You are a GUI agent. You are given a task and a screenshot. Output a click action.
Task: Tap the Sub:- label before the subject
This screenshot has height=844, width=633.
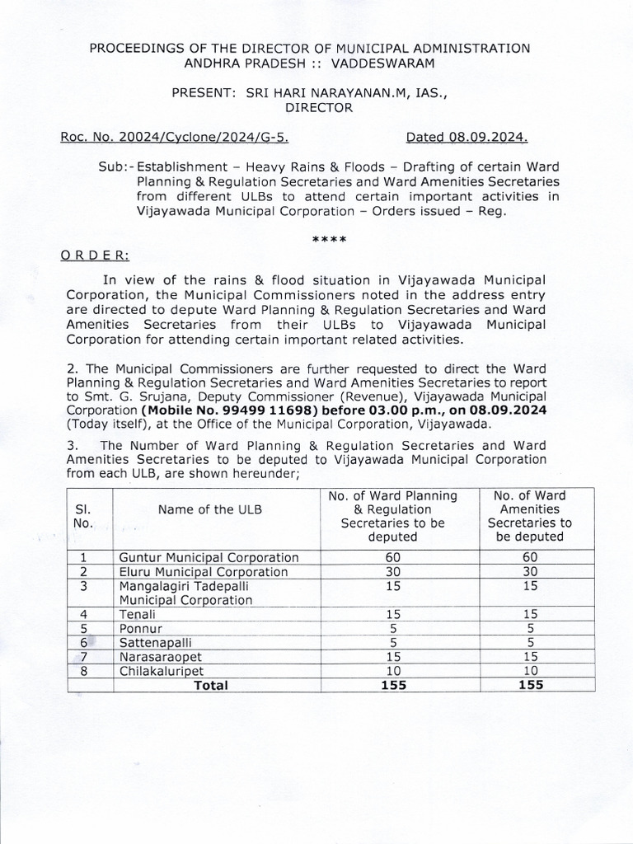point(115,166)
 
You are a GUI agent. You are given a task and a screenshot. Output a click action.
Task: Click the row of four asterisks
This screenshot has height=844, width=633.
point(329,240)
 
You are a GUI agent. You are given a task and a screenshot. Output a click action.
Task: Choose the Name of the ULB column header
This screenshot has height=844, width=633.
point(210,509)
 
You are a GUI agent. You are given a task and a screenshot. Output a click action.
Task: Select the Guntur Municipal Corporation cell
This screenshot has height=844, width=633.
point(209,557)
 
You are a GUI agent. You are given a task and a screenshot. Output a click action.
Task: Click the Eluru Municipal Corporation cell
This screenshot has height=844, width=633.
point(204,571)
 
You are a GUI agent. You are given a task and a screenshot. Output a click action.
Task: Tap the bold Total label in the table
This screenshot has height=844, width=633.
point(210,684)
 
